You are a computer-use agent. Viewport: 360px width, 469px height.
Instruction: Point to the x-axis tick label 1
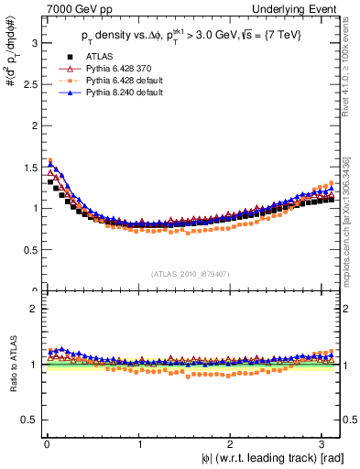138,444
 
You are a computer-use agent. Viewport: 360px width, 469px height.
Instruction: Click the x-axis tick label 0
46,444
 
